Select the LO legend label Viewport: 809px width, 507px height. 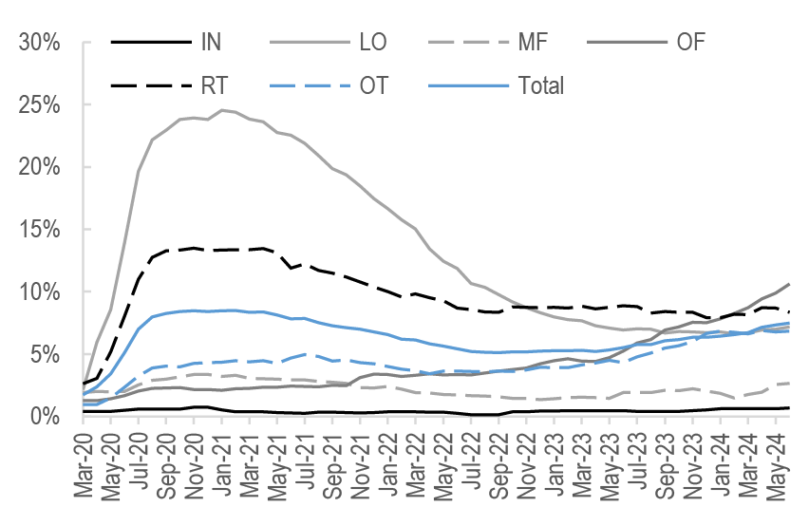click(373, 42)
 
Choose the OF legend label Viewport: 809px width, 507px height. click(690, 42)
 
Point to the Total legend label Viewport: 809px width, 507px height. click(541, 85)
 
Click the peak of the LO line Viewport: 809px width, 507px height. click(222, 110)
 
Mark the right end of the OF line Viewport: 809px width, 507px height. click(790, 284)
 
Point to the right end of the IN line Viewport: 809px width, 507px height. click(790, 408)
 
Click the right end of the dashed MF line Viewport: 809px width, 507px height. click(790, 383)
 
